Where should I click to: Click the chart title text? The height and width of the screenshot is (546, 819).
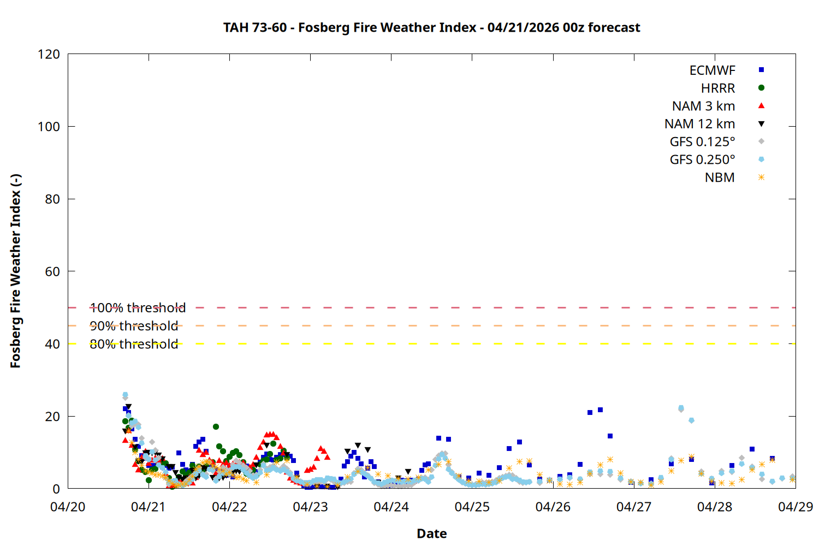click(x=431, y=27)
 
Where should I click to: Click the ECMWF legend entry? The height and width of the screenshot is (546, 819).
click(x=712, y=70)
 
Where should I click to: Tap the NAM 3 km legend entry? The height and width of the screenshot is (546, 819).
click(x=703, y=106)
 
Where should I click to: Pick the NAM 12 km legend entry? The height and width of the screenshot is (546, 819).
click(x=699, y=124)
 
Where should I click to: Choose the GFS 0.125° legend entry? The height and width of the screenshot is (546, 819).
click(x=702, y=142)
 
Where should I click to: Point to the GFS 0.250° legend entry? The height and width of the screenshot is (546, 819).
click(x=702, y=160)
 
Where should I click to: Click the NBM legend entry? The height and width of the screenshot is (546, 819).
click(x=720, y=178)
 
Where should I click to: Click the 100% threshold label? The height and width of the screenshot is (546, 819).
click(x=138, y=308)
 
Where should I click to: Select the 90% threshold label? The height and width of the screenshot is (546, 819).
click(x=134, y=326)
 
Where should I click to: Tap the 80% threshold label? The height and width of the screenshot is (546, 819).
click(x=134, y=344)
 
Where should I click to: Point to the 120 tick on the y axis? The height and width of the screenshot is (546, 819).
click(x=49, y=54)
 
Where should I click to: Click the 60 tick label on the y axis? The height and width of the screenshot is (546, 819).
click(x=52, y=271)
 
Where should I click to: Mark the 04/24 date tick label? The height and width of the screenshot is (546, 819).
click(x=391, y=507)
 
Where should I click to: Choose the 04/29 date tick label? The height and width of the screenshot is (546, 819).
click(x=795, y=507)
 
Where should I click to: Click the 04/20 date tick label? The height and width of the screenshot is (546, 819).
click(x=68, y=507)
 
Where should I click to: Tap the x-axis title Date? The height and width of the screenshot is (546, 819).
click(x=431, y=533)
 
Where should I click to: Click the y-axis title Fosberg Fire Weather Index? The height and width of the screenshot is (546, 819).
click(x=15, y=271)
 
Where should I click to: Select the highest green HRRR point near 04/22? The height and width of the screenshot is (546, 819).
click(x=216, y=426)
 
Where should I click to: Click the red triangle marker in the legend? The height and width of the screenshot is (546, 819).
click(x=761, y=106)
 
